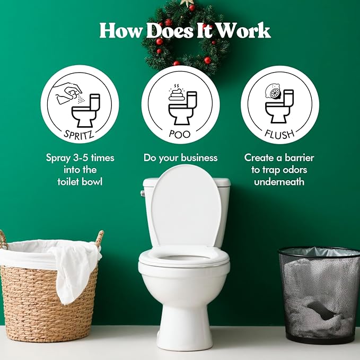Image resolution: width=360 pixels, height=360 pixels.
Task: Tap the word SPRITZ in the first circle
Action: tap(79, 135)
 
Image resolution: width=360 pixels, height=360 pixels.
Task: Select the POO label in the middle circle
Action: tap(180, 134)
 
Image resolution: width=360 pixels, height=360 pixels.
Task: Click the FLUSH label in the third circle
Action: tap(279, 134)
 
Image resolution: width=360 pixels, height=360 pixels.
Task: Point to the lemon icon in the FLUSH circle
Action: tap(273, 92)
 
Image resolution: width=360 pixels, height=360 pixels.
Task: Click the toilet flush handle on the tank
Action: tap(143, 194)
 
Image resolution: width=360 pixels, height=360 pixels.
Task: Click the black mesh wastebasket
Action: tap(320, 295)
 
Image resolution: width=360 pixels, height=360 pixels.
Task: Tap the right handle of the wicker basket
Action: tap(100, 239)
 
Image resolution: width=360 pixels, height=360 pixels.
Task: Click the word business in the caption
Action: tap(199, 157)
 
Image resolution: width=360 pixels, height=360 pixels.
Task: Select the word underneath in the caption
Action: tap(279, 182)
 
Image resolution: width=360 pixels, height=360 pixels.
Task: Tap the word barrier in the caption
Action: tap(300, 157)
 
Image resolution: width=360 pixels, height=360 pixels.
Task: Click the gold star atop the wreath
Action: tap(187, 2)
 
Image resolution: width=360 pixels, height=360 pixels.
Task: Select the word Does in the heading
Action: tap(170, 31)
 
